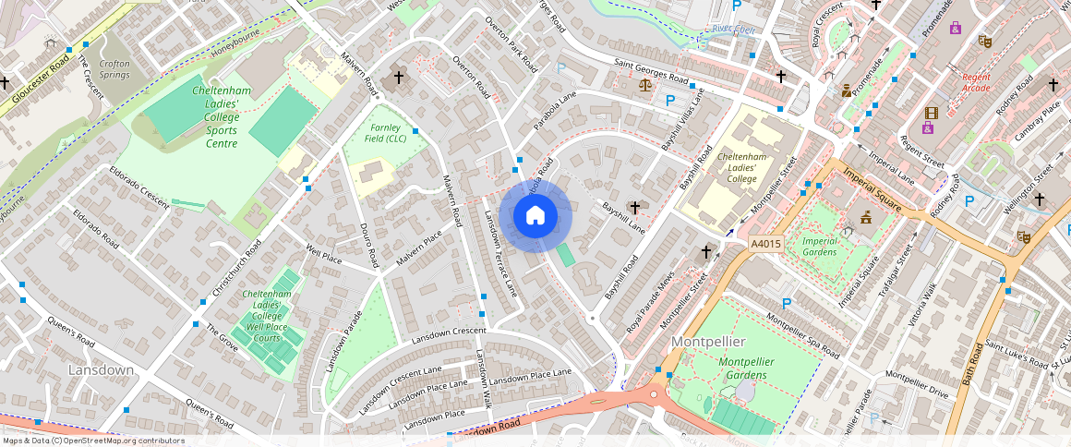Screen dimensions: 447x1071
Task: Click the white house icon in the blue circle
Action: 535,215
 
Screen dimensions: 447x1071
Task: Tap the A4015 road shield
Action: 765,244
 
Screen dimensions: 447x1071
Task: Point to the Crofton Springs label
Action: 114,68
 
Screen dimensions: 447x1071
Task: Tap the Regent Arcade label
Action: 975,83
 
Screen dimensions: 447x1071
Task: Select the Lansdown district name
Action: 102,369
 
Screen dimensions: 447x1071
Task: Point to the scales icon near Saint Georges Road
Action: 644,84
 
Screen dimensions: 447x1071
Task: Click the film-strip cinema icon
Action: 930,113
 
